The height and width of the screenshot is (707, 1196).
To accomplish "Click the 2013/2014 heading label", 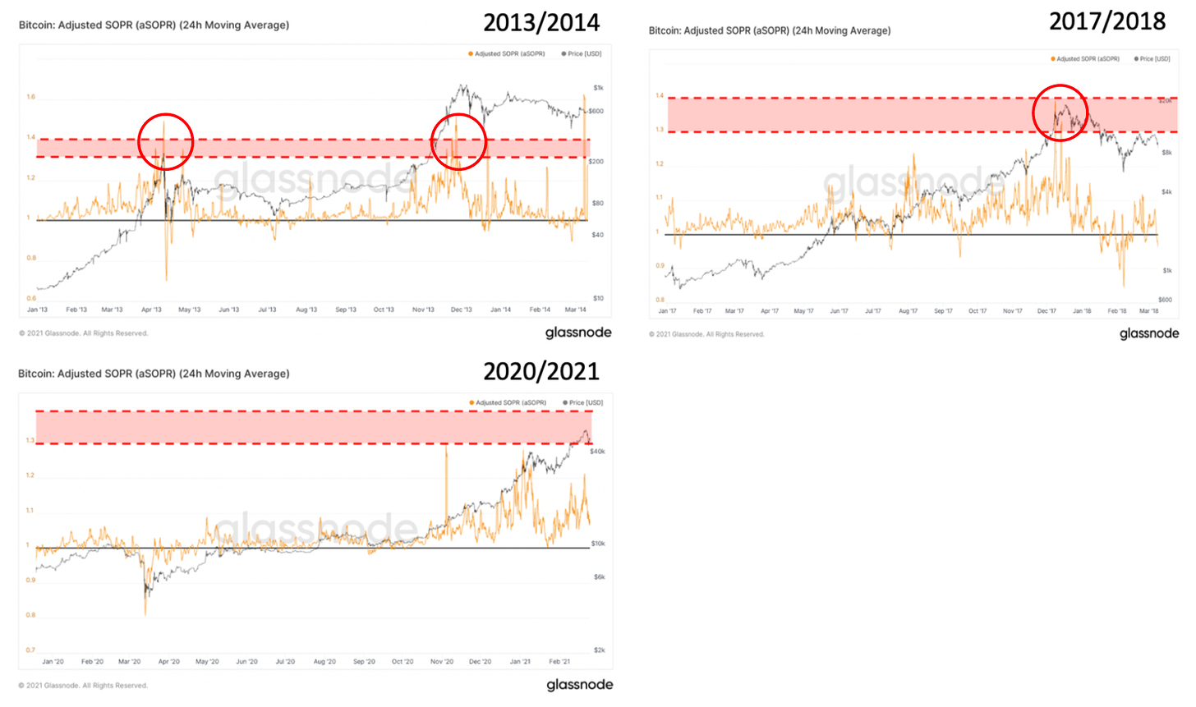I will coord(541,22).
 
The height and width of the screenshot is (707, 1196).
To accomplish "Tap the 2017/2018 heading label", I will coord(1107,21).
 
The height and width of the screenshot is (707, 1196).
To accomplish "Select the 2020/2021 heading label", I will coord(541,371).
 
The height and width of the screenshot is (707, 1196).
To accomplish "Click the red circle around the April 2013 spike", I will coord(165,141).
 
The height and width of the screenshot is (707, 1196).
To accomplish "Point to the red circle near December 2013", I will coord(459,141).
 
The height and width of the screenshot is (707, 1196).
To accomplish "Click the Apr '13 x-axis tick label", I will coord(151,310).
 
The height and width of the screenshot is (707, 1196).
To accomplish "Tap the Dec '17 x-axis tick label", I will coord(1046,311).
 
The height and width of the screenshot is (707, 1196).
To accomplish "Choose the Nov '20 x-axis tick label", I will coord(442,661).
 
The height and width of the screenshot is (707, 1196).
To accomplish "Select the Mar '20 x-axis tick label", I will coord(129,661).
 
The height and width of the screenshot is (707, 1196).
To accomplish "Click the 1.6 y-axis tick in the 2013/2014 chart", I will coord(30,97).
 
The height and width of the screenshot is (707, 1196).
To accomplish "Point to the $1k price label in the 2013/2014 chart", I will coord(598,88).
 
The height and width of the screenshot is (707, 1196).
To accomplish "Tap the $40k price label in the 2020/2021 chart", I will coord(597,452).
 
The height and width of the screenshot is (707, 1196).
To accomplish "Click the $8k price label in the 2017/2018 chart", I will coord(1166,153).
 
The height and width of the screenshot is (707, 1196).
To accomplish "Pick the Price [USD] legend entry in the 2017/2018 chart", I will coord(1154,59).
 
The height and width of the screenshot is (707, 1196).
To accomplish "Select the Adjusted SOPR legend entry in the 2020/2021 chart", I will coord(510,402).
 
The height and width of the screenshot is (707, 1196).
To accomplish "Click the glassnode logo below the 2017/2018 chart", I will coord(1148,333).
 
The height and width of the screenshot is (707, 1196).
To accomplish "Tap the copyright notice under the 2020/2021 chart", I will coord(83,685).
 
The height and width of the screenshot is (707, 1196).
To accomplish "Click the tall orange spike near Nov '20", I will coord(446,448).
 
